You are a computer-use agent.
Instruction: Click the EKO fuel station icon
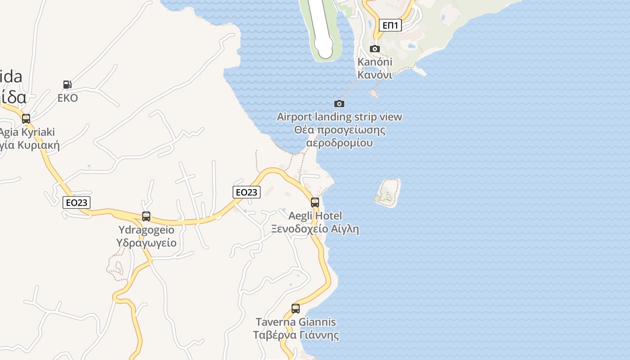tap(67, 84)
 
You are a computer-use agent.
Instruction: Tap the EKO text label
tap(68, 98)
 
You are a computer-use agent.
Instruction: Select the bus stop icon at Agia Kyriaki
tap(26, 119)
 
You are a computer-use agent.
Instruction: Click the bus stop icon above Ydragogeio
tap(146, 216)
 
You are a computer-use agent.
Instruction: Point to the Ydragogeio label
tap(146, 230)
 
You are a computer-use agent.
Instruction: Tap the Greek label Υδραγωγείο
tap(146, 243)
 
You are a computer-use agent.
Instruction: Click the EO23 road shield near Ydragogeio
tap(76, 202)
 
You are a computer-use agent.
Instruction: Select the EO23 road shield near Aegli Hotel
tap(247, 192)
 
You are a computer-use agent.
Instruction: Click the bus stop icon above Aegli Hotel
tap(315, 202)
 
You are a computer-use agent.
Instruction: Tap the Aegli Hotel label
tap(315, 216)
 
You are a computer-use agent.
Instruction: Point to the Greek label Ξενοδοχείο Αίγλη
tap(315, 229)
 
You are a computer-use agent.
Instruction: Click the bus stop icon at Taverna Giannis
tap(296, 309)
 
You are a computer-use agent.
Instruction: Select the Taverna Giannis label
tap(296, 322)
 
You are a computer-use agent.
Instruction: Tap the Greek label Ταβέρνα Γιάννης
tap(296, 335)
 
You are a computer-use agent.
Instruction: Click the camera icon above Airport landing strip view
tap(339, 104)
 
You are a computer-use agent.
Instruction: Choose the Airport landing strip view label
tap(339, 117)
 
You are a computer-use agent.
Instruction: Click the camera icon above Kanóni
tap(375, 49)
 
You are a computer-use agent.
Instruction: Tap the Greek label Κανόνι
tap(375, 75)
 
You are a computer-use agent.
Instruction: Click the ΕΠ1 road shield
tap(390, 25)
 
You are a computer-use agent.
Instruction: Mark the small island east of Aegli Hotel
tap(387, 193)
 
